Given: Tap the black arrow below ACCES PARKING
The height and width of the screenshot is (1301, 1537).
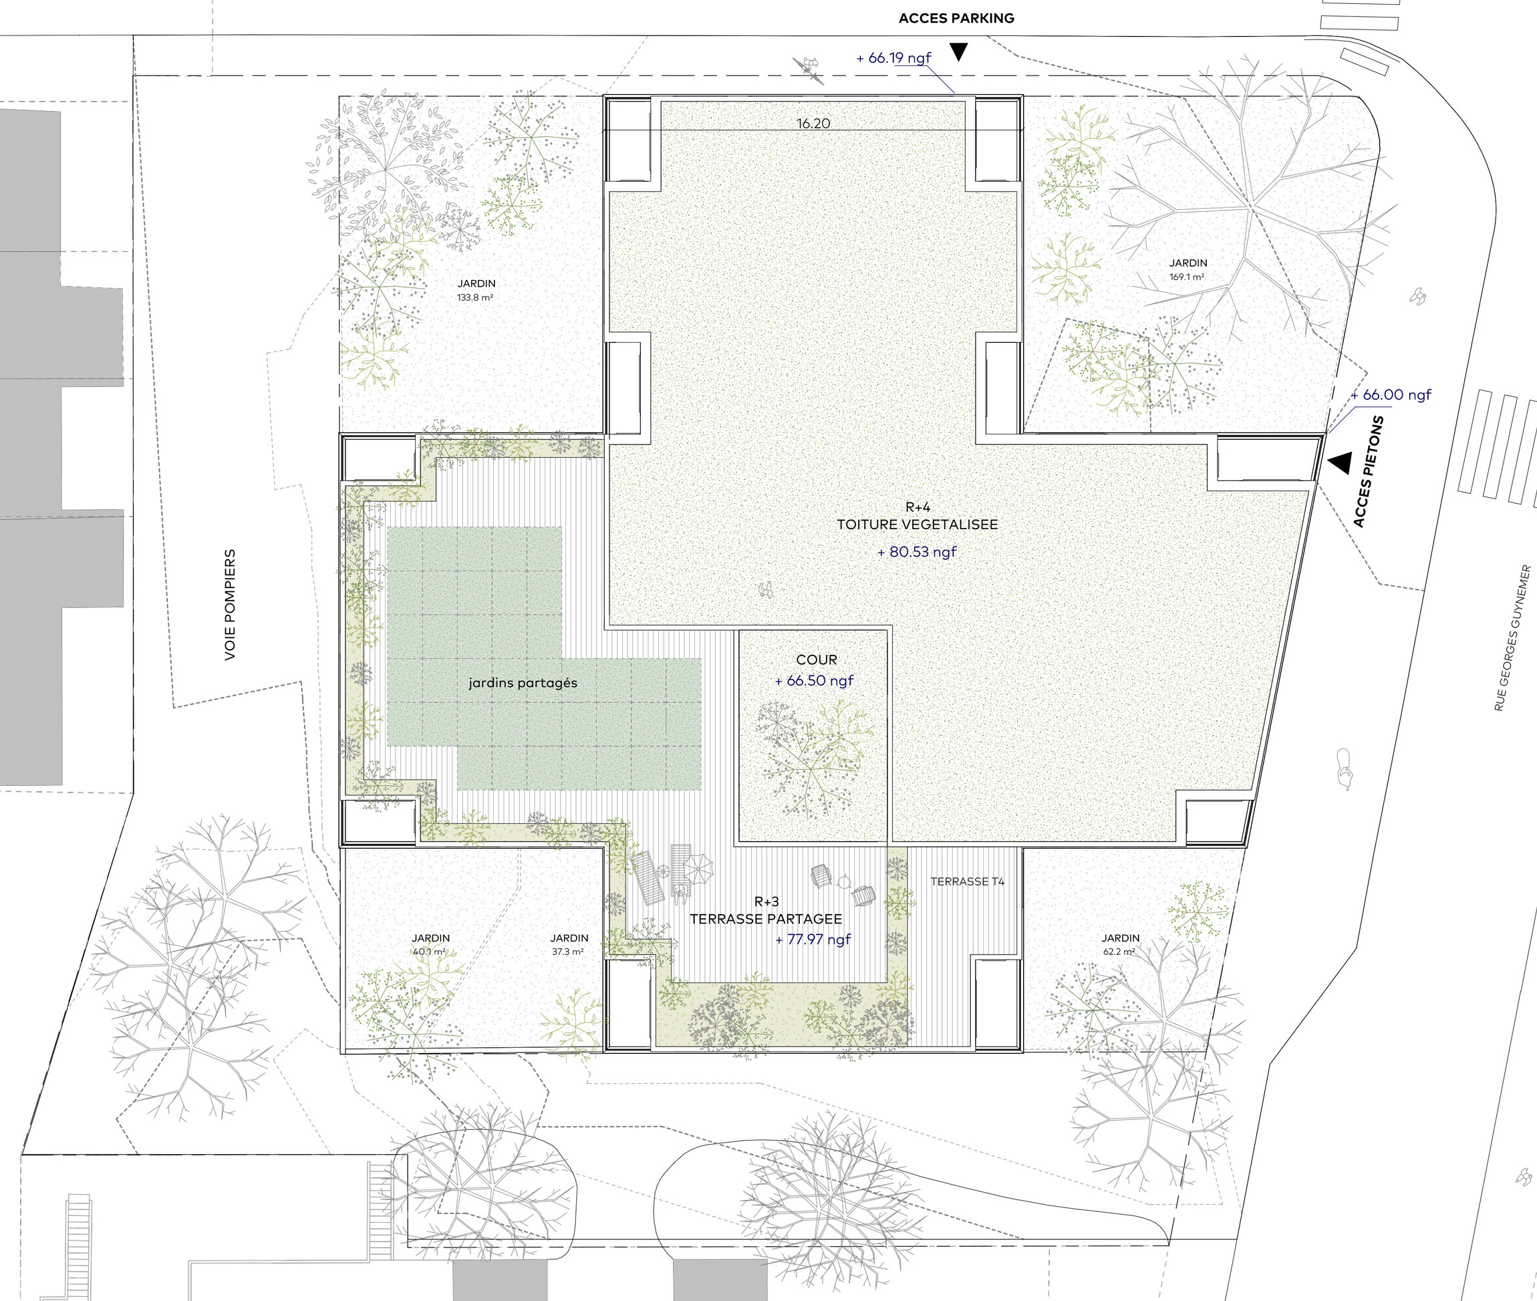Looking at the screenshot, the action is [958, 51].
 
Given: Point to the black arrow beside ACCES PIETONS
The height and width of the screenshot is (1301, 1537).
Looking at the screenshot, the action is [1340, 462].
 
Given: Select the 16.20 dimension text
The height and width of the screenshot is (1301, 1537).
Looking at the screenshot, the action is [813, 123].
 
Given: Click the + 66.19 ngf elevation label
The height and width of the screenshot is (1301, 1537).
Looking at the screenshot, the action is [893, 57].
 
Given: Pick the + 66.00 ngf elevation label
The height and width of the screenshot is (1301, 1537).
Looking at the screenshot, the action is [1390, 395].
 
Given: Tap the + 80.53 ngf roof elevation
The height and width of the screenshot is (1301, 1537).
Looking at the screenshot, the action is [917, 552].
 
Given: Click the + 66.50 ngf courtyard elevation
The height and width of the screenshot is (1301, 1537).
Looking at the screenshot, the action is [813, 680].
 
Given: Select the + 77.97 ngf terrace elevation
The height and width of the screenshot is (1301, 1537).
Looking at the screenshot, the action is [813, 939].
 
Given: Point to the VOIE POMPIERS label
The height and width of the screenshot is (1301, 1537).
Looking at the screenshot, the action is [230, 604].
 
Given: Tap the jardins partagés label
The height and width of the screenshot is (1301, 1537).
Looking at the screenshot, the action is [523, 683].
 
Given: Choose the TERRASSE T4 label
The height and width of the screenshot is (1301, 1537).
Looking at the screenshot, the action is [967, 881].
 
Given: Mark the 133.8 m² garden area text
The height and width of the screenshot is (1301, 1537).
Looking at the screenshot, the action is [475, 298].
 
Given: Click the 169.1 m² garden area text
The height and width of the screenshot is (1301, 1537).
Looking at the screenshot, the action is [1187, 277].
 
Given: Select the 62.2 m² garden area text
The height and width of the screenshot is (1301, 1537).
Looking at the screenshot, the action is [1119, 952].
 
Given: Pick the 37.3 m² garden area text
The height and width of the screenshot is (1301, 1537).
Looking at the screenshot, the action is [567, 952].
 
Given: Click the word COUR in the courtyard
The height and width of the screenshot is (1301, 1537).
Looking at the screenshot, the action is [817, 660].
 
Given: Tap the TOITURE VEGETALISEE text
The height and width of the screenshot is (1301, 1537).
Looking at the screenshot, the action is [917, 525].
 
